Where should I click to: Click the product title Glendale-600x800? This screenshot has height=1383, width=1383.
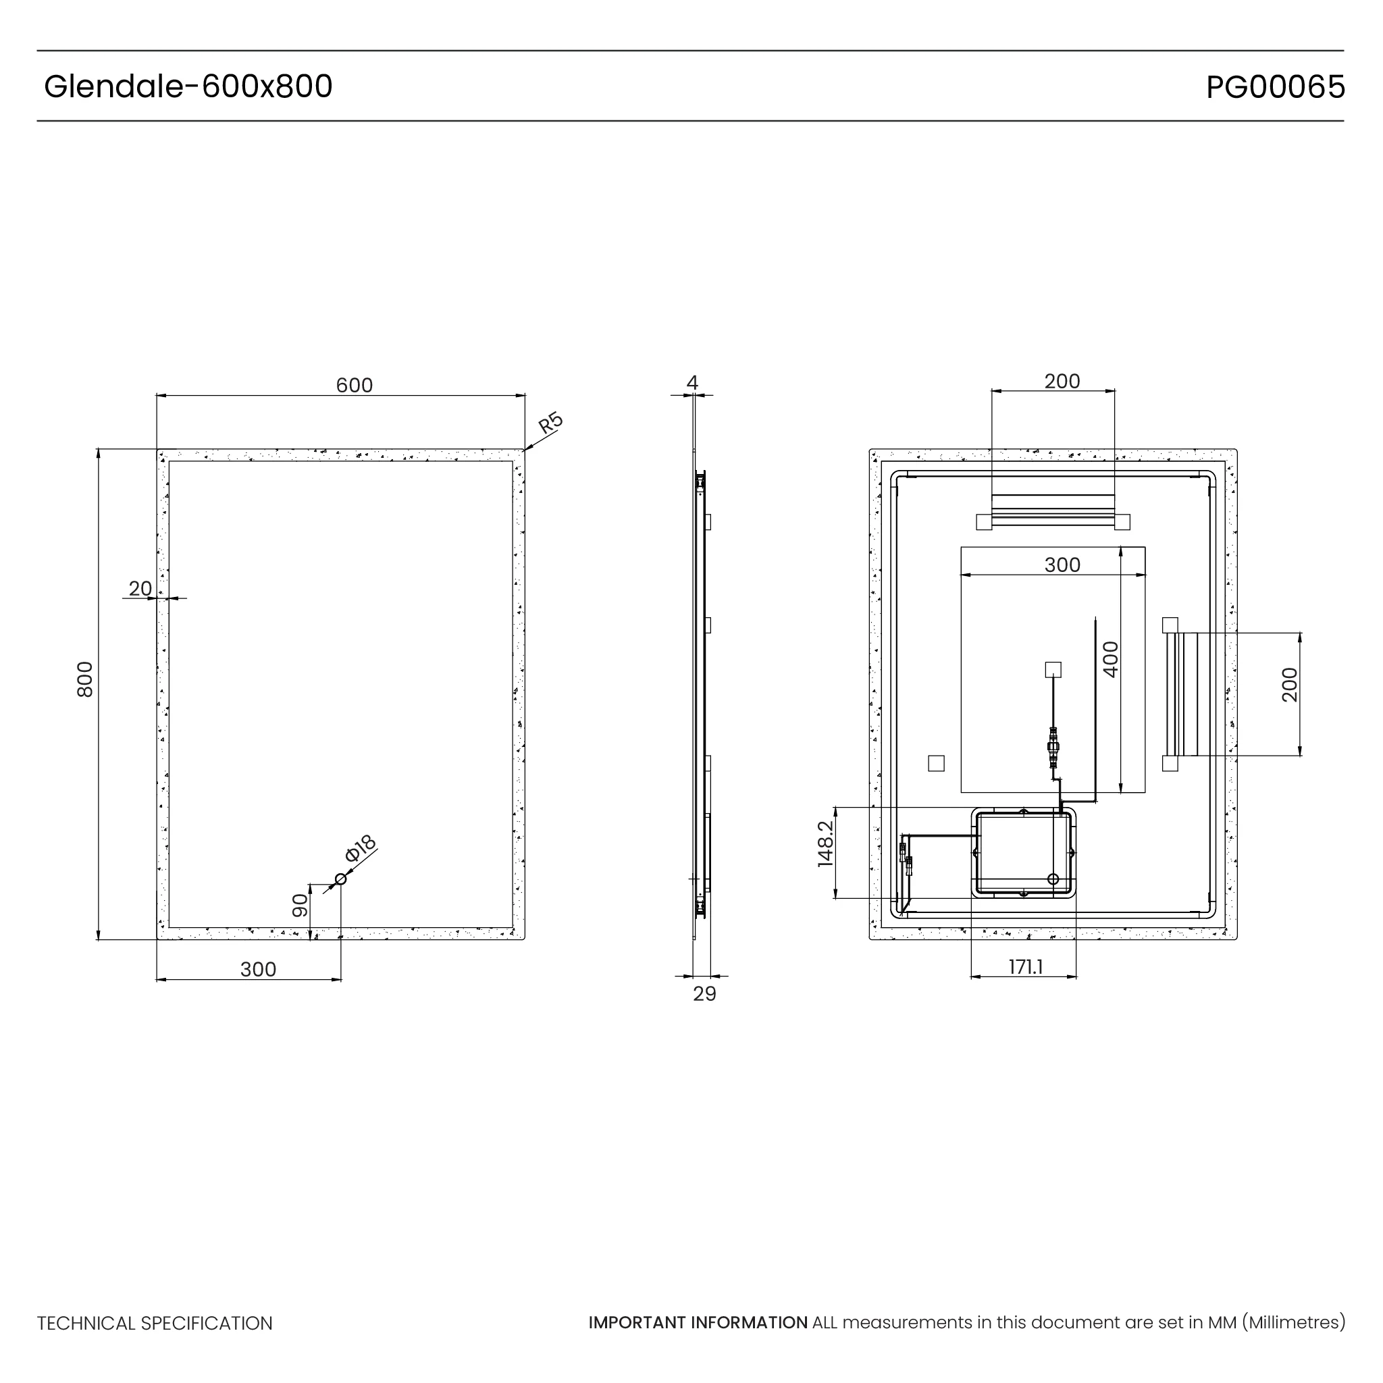[x=188, y=86]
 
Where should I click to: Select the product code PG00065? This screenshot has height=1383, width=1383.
[x=1275, y=87]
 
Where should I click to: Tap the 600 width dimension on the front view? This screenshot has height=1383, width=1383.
[x=355, y=385]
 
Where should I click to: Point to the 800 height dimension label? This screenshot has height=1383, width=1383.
[x=85, y=679]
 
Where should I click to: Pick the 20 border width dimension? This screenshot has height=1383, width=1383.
[x=140, y=588]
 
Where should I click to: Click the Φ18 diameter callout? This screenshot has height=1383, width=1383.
[x=360, y=848]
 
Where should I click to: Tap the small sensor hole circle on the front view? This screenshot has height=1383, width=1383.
[x=341, y=879]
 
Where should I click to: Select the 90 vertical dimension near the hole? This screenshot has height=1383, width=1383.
[x=300, y=906]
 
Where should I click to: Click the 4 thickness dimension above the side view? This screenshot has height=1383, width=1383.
[x=692, y=383]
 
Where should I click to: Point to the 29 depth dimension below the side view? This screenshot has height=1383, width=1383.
[x=704, y=994]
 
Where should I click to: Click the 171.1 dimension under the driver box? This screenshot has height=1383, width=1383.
[x=1026, y=967]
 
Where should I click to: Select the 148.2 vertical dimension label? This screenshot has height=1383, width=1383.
[x=825, y=845]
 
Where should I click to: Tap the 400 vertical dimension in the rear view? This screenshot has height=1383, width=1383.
[x=1110, y=658]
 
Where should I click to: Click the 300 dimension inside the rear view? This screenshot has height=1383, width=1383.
[x=1062, y=565]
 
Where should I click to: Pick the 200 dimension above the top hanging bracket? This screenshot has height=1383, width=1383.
[x=1062, y=381]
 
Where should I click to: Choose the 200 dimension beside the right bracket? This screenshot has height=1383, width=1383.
[x=1289, y=684]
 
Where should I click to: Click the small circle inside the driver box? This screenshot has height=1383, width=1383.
[x=1052, y=879]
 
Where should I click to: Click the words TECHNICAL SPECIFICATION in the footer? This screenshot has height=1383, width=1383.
[x=155, y=1324]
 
